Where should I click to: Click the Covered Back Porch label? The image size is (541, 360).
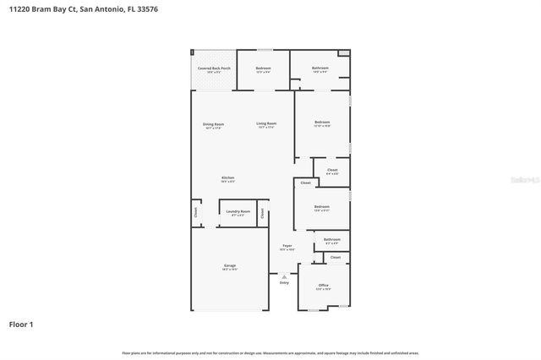pos(214,68)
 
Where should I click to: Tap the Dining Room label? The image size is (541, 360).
pos(213,124)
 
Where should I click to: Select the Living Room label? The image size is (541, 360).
pos(266,124)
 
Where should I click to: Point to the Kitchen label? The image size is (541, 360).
pos(228,177)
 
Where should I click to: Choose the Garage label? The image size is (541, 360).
pos(230,266)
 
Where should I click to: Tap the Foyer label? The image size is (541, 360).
pos(287,246)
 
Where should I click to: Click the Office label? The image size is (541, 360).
pos(323,286)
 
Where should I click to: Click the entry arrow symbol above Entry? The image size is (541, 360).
pos(284,275)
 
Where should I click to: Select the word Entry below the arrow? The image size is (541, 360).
pos(284,282)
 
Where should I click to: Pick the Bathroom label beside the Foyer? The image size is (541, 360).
pos(332,239)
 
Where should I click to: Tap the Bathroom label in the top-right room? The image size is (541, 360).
pos(320,68)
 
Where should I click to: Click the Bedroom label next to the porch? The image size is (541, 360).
pos(264,68)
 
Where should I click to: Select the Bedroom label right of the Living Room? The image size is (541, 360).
pos(322,123)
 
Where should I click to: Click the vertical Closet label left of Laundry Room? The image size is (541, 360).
pos(195,213)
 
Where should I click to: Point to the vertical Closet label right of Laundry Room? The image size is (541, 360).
pos(262,212)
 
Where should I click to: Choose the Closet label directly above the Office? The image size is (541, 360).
pos(336,257)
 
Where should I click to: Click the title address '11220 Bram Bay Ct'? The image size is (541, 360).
pos(40,9)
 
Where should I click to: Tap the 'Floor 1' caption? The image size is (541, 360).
pos(21,324)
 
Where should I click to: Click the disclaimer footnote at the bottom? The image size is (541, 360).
pos(270,352)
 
